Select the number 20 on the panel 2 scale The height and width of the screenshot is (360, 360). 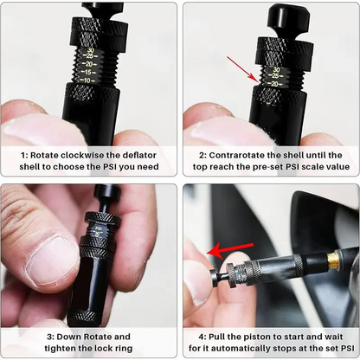pos(275,83)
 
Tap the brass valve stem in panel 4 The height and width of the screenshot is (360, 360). pos(332,257)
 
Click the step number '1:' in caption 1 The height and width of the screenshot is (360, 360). pos(26,153)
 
